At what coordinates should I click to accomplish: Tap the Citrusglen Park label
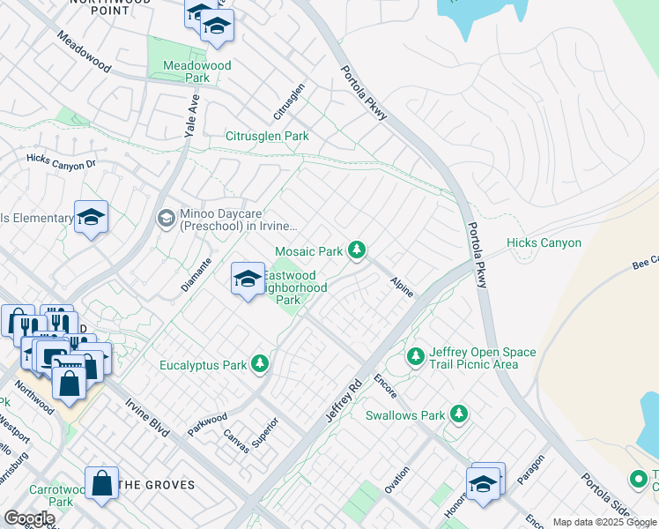267,137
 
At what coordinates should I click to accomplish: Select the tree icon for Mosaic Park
356,251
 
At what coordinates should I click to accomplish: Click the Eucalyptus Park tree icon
259,363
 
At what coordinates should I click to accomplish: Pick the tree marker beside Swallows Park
457,414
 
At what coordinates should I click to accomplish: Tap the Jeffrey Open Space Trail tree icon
415,357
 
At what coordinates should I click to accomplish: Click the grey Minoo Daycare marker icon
166,218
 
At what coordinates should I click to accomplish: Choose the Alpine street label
402,286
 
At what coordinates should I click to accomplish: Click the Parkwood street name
207,424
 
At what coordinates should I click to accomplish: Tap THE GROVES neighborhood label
156,485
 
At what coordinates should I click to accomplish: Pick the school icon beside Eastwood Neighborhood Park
248,279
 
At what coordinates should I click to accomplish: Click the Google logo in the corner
29,518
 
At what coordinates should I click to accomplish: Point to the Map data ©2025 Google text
605,522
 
